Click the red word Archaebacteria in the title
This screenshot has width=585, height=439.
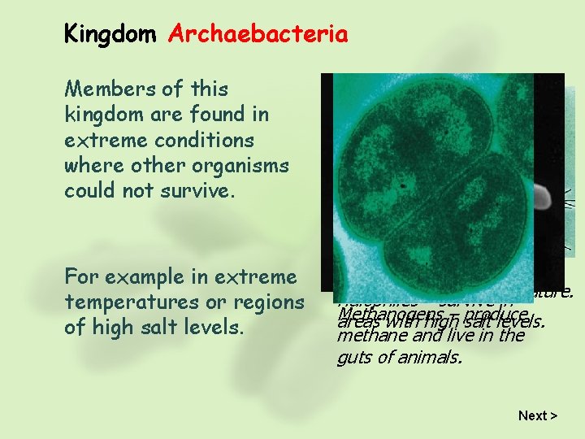coord(258,34)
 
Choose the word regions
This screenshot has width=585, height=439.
coord(268,302)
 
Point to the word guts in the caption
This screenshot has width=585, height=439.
coord(353,355)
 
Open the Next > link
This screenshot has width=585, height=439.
coord(537,415)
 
